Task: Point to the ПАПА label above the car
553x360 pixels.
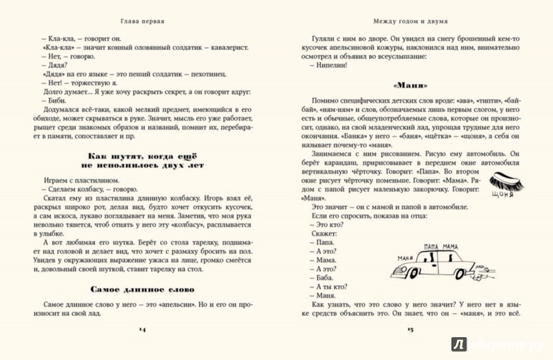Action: (x=433, y=245)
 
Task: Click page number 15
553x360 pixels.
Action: (x=412, y=328)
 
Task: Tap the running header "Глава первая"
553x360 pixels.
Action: (x=143, y=21)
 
